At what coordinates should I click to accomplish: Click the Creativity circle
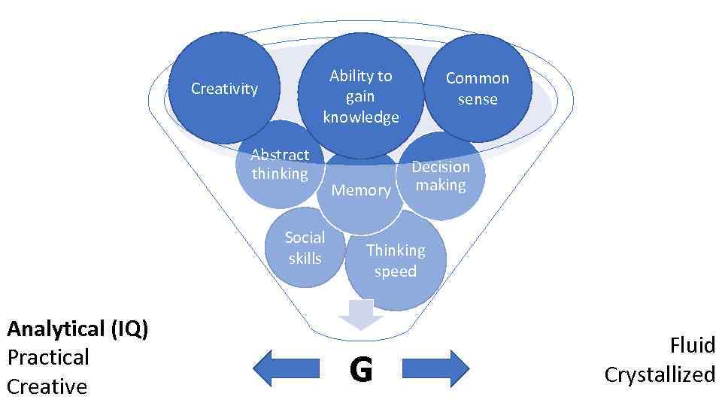(x=224, y=89)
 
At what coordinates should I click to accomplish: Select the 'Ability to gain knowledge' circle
(x=362, y=96)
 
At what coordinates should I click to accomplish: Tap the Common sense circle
(x=478, y=88)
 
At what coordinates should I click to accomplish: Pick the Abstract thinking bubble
(x=280, y=165)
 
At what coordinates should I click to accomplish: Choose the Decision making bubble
(x=441, y=176)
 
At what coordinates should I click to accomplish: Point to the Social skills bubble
(x=305, y=248)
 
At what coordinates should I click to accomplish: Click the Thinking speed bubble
(x=396, y=260)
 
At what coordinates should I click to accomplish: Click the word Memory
(x=361, y=190)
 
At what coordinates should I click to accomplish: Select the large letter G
(x=361, y=370)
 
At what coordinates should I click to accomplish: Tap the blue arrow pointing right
(x=436, y=368)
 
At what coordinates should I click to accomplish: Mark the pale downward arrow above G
(x=361, y=314)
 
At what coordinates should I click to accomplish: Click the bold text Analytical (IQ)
(x=77, y=329)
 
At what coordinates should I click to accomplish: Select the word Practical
(x=48, y=357)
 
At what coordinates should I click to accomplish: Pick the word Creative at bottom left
(x=47, y=386)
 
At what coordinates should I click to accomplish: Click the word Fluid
(x=692, y=345)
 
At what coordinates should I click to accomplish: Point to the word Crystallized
(x=660, y=374)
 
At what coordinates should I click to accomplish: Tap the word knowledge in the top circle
(x=361, y=117)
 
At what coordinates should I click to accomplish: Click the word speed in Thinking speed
(x=396, y=271)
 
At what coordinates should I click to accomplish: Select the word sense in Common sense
(x=478, y=99)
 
